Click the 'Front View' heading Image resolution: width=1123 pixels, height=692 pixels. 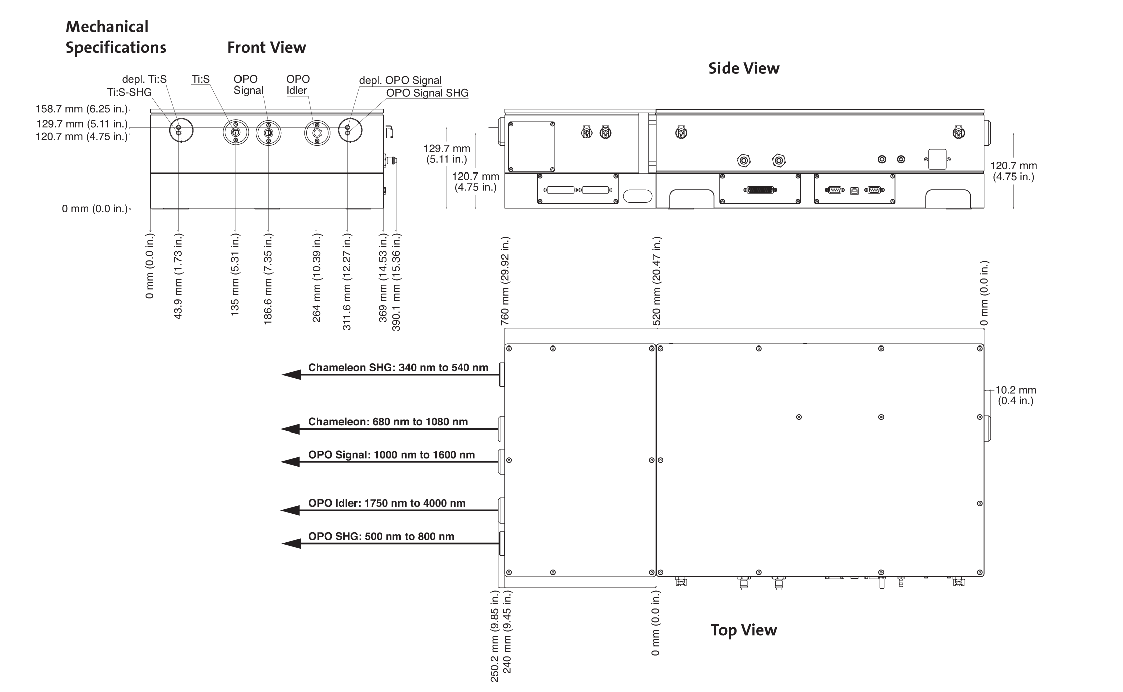pyautogui.click(x=267, y=48)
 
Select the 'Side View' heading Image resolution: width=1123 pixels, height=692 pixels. pyautogui.click(x=744, y=68)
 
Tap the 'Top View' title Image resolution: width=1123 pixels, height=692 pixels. pyautogui.click(x=744, y=630)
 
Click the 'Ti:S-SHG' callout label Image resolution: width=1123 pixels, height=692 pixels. pyautogui.click(x=129, y=92)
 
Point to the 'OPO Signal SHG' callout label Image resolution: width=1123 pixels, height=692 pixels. pyautogui.click(x=427, y=93)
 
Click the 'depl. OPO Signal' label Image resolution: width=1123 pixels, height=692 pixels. pyautogui.click(x=400, y=80)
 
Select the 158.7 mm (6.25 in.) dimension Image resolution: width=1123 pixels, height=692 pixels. pyautogui.click(x=82, y=109)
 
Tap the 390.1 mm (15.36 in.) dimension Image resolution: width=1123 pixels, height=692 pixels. pyautogui.click(x=396, y=282)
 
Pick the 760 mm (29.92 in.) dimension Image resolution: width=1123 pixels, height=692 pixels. pyautogui.click(x=506, y=281)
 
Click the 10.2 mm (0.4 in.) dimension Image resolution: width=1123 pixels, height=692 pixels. pyautogui.click(x=1016, y=395)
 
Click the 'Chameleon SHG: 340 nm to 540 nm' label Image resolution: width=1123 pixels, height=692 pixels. pyautogui.click(x=398, y=368)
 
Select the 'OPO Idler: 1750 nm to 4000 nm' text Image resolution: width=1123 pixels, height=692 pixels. pyautogui.click(x=387, y=503)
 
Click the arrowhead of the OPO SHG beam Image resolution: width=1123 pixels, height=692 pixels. pyautogui.click(x=291, y=544)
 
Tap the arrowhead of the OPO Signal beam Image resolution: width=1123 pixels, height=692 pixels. pyautogui.click(x=290, y=462)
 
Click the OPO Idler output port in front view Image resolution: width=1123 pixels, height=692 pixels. pyautogui.click(x=317, y=133)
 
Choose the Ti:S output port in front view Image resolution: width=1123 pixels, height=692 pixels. pyautogui.click(x=235, y=133)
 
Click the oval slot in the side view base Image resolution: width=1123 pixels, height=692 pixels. pyautogui.click(x=637, y=196)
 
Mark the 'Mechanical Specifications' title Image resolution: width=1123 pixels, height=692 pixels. pyautogui.click(x=116, y=37)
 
